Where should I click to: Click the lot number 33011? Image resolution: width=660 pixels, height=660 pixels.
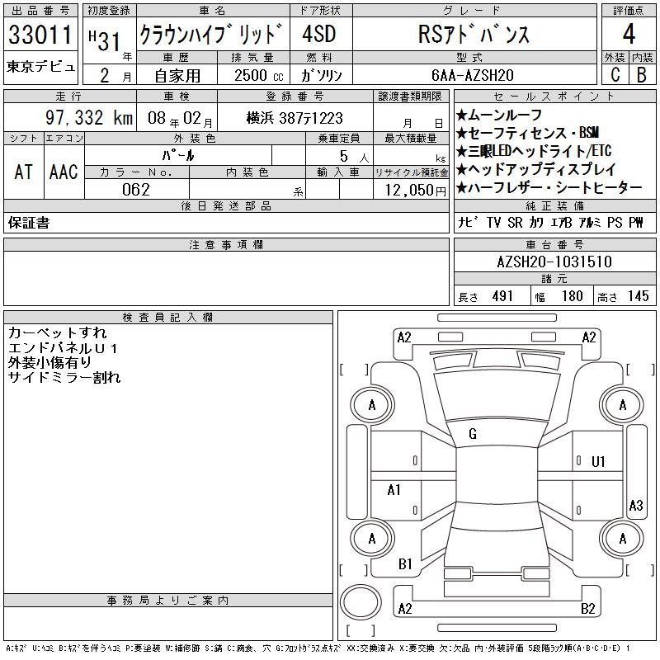pyautogui.click(x=40, y=34)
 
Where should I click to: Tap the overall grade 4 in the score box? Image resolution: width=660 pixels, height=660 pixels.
pyautogui.click(x=629, y=34)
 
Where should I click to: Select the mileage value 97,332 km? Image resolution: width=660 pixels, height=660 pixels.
pyautogui.click(x=89, y=117)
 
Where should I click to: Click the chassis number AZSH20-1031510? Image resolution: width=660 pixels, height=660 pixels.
pyautogui.click(x=554, y=262)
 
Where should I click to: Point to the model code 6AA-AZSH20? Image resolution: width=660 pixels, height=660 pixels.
pyautogui.click(x=472, y=75)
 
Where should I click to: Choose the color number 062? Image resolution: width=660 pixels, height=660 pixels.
pyautogui.click(x=136, y=190)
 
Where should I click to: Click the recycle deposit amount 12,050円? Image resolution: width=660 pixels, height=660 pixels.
pyautogui.click(x=416, y=191)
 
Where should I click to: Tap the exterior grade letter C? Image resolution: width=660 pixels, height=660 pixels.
pyautogui.click(x=615, y=75)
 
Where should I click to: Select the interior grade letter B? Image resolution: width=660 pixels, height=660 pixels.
pyautogui.click(x=642, y=75)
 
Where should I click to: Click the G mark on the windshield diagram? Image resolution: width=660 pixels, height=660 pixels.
pyautogui.click(x=473, y=434)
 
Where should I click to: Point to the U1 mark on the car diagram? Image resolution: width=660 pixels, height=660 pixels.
pyautogui.click(x=598, y=462)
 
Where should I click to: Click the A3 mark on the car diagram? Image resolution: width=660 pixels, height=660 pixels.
pyautogui.click(x=636, y=505)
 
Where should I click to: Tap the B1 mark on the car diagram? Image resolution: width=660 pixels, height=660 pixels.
pyautogui.click(x=405, y=563)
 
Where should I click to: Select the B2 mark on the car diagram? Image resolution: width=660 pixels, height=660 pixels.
pyautogui.click(x=587, y=608)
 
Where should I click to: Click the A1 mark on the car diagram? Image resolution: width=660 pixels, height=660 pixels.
pyautogui.click(x=394, y=490)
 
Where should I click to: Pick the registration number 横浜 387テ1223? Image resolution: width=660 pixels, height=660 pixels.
pyautogui.click(x=295, y=118)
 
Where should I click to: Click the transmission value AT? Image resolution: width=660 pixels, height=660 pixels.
pyautogui.click(x=23, y=172)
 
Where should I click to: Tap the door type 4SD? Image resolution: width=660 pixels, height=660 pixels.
pyautogui.click(x=319, y=34)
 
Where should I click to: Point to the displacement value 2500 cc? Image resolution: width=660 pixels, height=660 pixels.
pyautogui.click(x=259, y=76)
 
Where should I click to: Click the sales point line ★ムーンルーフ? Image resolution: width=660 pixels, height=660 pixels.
pyautogui.click(x=499, y=115)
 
